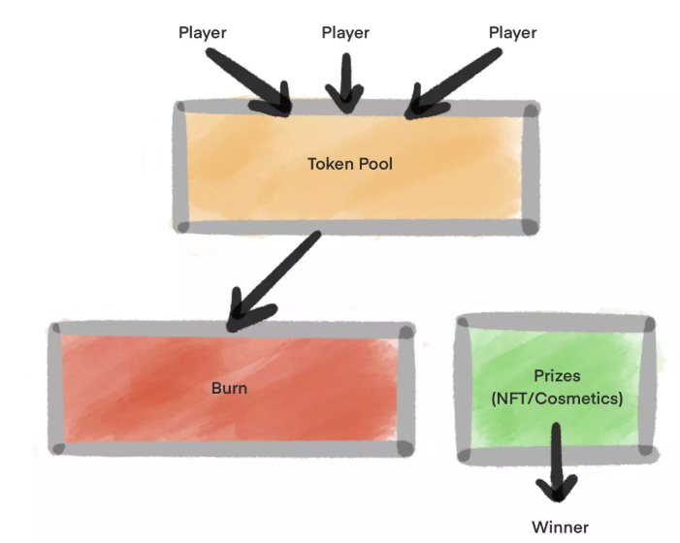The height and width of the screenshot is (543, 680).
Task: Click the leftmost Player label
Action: click(x=203, y=33)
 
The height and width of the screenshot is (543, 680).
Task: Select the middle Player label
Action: click(x=345, y=33)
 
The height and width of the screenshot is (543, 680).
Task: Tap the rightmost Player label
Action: click(x=512, y=33)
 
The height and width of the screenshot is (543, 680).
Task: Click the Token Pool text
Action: click(x=350, y=164)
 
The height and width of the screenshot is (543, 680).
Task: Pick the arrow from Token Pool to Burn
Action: click(x=276, y=277)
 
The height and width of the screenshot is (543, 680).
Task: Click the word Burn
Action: click(x=229, y=389)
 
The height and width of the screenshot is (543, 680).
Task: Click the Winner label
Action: click(x=560, y=527)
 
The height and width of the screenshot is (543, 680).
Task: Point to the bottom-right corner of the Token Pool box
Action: click(x=529, y=227)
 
